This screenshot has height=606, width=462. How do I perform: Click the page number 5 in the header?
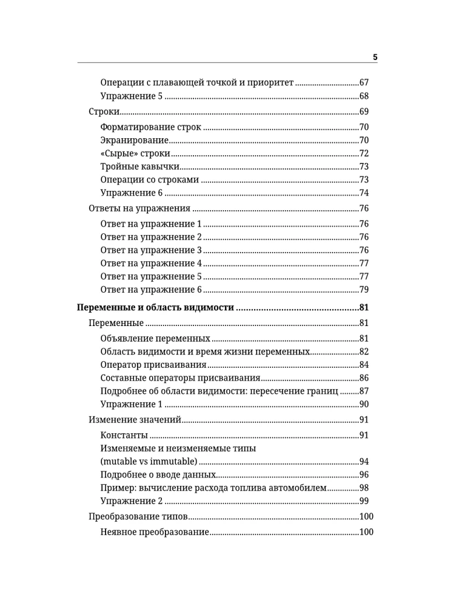375,57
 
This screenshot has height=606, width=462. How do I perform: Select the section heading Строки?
103,112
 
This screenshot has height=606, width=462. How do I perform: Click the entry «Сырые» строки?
135,154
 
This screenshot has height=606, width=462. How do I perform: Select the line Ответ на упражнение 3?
150,250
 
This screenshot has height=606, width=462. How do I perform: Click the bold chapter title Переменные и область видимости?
155,308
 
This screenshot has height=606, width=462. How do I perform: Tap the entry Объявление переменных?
155,338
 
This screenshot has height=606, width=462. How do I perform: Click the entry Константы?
124,435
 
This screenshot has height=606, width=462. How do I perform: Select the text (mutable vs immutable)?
149,462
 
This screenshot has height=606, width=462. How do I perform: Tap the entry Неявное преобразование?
155,532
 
